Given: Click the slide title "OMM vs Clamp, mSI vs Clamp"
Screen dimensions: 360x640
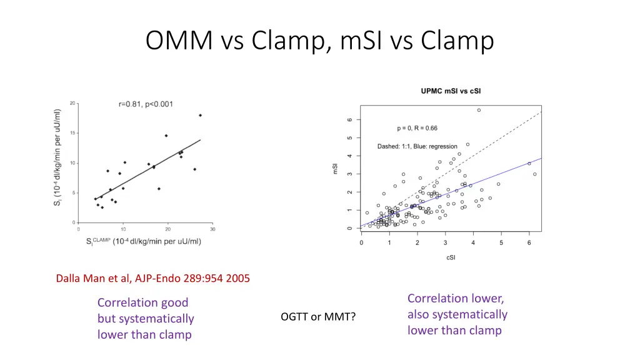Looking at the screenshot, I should (319, 41).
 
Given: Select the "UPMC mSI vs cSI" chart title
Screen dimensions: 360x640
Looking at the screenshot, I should (451, 92).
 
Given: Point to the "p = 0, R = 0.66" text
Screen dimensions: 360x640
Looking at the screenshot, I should (417, 129).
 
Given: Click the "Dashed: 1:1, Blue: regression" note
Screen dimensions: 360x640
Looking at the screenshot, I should (417, 147).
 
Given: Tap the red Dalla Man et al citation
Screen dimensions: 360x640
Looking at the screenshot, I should (152, 279).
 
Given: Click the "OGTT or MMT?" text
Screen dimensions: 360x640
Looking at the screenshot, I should (318, 317).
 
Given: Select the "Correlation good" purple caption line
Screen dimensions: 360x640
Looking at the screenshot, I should (142, 302).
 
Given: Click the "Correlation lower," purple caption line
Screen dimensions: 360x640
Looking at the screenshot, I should (456, 298).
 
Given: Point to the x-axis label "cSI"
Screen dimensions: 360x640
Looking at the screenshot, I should (451, 257).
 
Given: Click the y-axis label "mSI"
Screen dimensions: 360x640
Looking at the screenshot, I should (336, 169).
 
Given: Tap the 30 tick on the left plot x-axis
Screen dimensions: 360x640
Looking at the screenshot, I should (212, 229).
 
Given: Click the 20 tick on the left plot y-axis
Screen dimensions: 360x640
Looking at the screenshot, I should (73, 103).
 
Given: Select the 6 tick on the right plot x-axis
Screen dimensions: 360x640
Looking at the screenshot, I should (529, 243).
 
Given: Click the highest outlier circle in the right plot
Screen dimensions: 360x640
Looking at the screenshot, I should (479, 110).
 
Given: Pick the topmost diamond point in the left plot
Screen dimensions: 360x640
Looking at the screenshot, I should (200, 115).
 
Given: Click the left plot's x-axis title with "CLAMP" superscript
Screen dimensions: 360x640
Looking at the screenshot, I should (144, 241).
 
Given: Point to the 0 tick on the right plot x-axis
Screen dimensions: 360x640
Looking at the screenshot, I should (361, 243).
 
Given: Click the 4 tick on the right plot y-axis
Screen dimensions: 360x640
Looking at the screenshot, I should (349, 156).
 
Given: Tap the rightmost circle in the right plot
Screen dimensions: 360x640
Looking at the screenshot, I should (534, 174).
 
